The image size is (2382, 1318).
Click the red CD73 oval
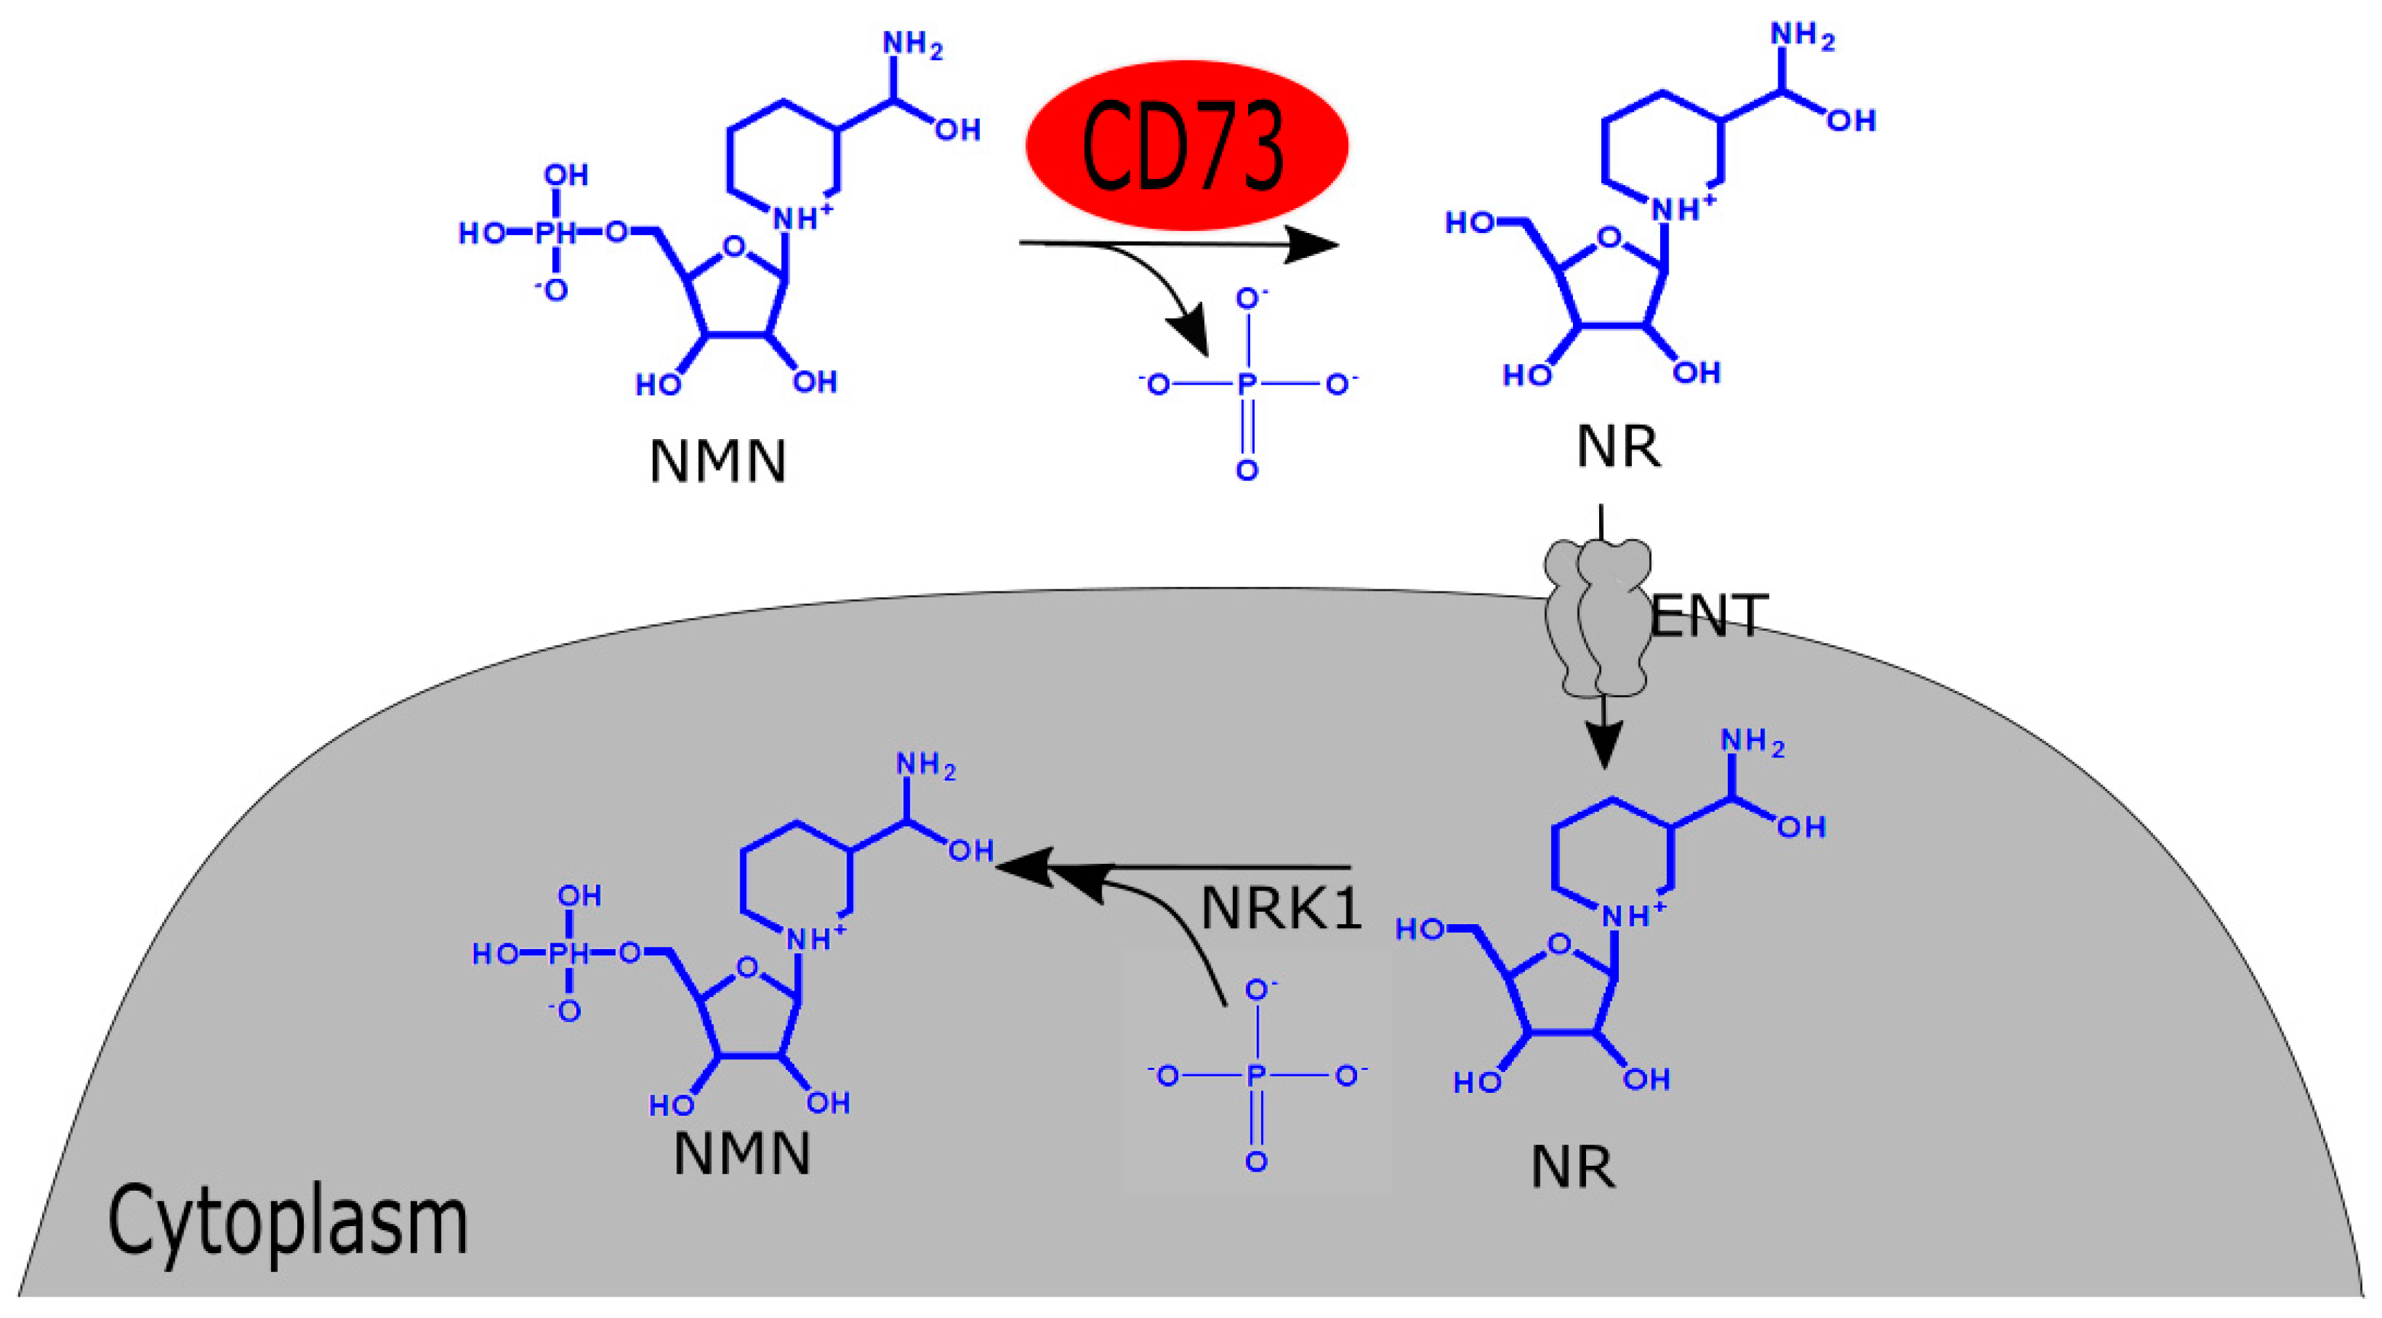(x=1186, y=145)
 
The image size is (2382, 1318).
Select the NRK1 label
(x=1281, y=908)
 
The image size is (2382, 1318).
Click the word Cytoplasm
(x=287, y=1222)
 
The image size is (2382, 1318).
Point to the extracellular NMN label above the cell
(x=718, y=461)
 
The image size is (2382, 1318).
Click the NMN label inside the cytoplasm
(x=742, y=1153)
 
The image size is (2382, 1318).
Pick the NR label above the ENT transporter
(x=1618, y=447)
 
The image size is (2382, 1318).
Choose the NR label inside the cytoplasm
(x=1573, y=1167)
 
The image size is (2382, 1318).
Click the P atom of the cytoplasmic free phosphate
(x=1256, y=1074)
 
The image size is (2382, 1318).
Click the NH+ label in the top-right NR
(x=1683, y=209)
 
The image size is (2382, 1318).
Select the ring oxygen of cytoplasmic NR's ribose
(x=1559, y=945)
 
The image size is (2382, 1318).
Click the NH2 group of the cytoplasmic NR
(x=1751, y=742)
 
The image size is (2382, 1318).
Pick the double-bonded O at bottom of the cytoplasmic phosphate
(x=1256, y=1162)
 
